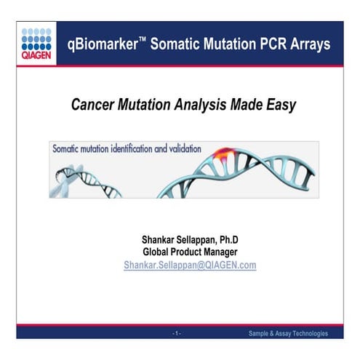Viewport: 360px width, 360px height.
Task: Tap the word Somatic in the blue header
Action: click(175, 44)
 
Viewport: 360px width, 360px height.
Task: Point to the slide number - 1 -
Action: click(177, 333)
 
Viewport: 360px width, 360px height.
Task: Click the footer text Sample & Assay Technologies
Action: click(288, 333)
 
